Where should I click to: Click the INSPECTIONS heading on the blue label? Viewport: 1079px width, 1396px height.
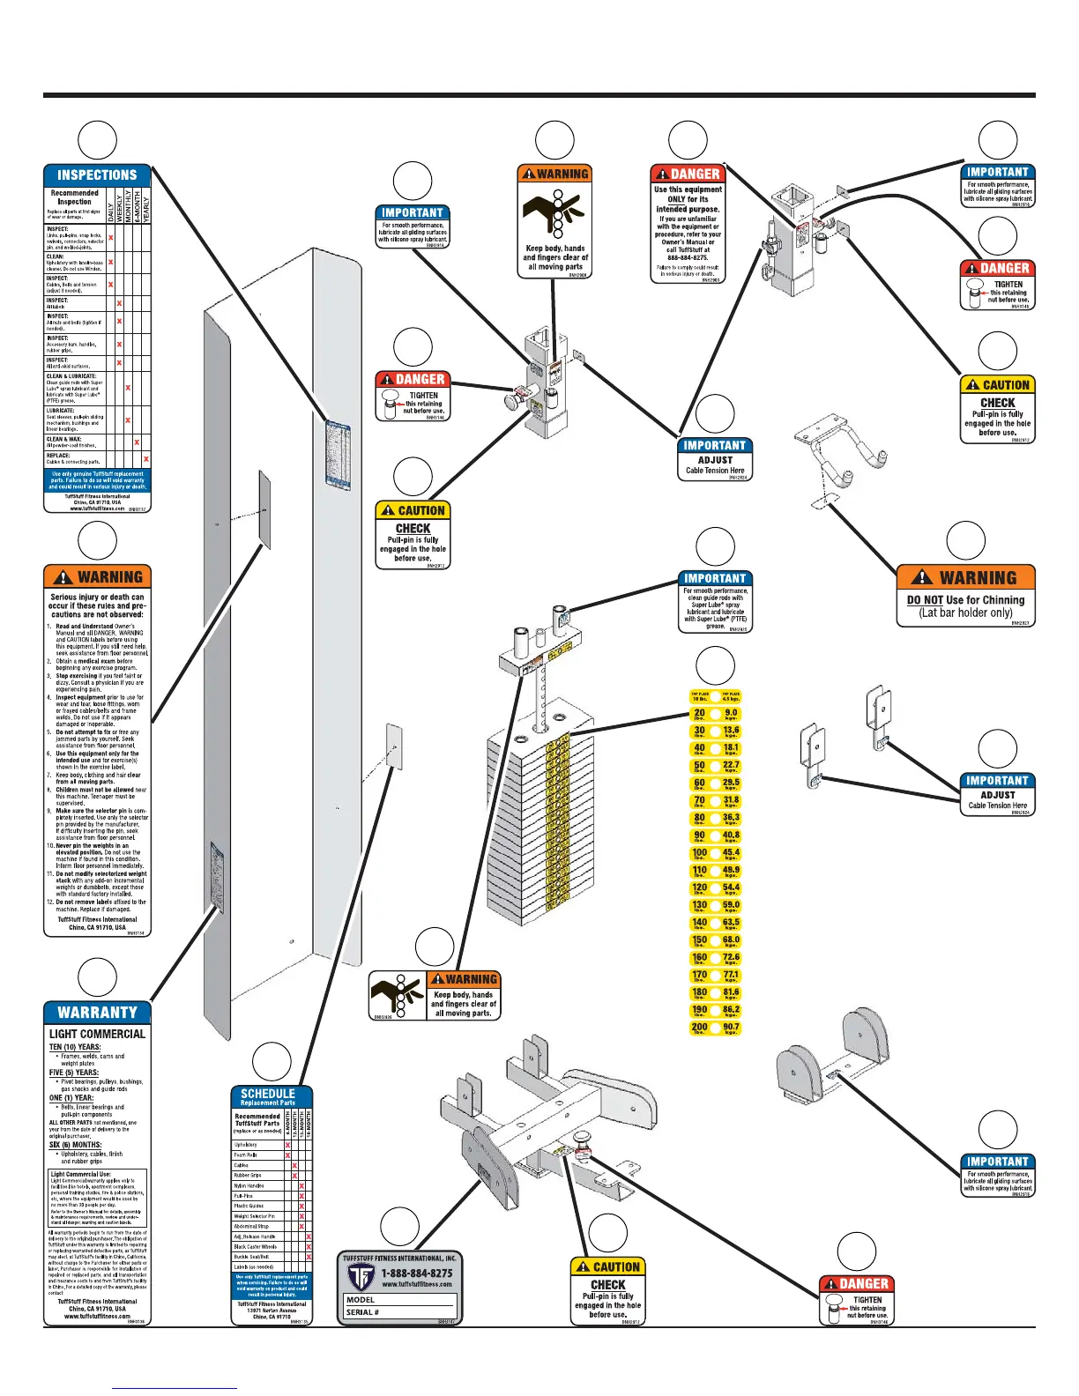pos(97,175)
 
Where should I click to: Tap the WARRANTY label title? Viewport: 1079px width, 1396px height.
pos(97,1013)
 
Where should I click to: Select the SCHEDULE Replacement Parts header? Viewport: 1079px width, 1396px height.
pos(268,1096)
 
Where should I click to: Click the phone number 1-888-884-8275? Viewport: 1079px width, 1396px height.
pos(416,1273)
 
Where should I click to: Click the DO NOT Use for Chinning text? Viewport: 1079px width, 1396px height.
pos(965,600)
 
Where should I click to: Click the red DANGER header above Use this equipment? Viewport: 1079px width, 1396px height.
pos(688,174)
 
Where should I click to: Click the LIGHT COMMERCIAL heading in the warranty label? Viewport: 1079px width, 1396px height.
pos(97,1034)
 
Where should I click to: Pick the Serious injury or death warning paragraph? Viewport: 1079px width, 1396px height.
pos(97,605)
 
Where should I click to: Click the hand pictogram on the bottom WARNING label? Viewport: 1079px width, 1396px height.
pos(398,997)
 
